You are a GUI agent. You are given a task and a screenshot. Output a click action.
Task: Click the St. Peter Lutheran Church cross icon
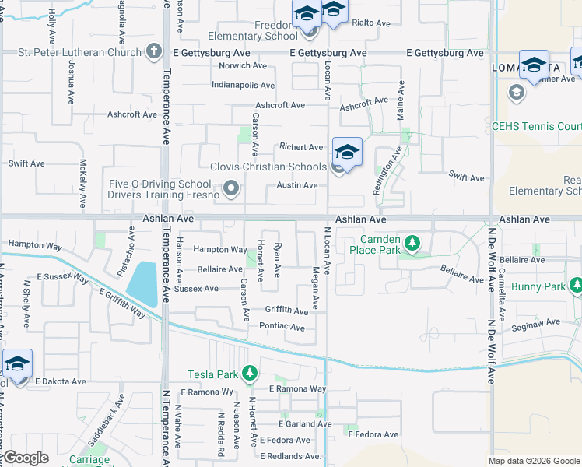(x=154, y=53)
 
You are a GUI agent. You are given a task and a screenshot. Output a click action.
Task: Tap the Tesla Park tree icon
(x=249, y=374)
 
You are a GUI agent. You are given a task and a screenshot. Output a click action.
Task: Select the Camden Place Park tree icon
(x=414, y=244)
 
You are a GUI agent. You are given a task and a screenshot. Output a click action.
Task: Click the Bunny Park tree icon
(x=577, y=287)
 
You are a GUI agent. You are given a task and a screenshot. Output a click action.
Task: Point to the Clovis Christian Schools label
(x=268, y=167)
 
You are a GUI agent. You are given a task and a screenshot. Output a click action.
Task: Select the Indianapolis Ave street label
(x=243, y=85)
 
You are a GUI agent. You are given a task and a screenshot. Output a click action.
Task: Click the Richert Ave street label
(x=301, y=146)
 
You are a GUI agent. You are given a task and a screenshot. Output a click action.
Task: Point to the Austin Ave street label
(x=297, y=185)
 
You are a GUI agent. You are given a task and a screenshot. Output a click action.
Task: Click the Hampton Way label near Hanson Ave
(x=220, y=250)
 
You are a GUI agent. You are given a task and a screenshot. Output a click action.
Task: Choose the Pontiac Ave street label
(x=282, y=327)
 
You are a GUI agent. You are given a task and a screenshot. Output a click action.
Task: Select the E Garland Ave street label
(x=306, y=424)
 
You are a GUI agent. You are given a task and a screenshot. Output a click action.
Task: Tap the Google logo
(x=25, y=458)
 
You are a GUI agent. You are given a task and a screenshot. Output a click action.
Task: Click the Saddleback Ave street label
(x=107, y=424)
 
